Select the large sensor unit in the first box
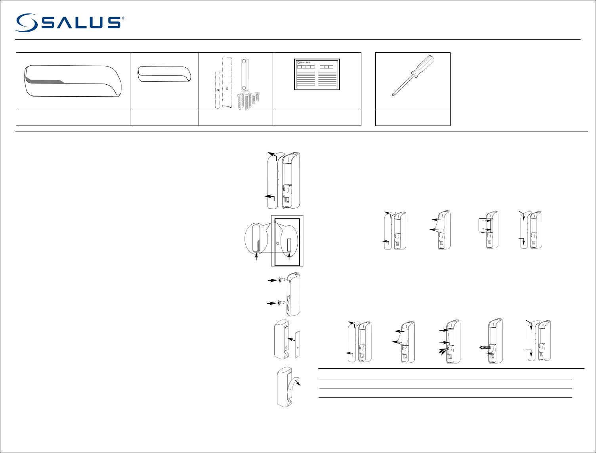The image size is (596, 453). (x=73, y=81)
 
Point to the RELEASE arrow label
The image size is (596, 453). (x=485, y=348)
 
